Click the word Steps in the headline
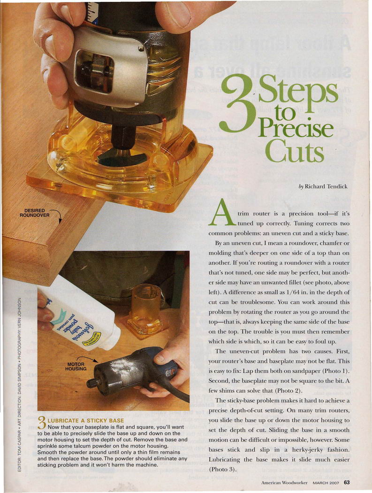pos(298,92)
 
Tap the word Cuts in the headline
pos(294,151)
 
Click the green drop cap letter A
pos(223,212)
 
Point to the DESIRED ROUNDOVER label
pos(34,213)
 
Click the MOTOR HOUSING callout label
pos(76,366)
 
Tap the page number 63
pos(347,482)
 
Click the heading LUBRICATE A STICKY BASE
pos(86,421)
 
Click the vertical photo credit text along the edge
pos(19,384)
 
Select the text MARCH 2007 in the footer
pos(326,483)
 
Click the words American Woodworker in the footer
pos(284,483)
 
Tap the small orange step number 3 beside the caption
pos(42,423)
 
